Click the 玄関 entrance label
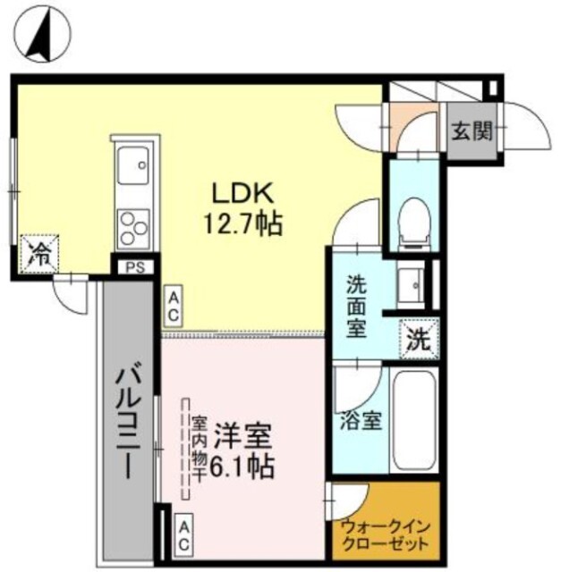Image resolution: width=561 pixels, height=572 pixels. point(471,132)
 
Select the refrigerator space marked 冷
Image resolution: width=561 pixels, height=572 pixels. point(40,251)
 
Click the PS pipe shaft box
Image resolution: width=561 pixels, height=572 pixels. point(135,266)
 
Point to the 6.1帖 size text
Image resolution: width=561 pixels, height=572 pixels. point(242,466)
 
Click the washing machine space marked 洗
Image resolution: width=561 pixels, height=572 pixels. point(419,338)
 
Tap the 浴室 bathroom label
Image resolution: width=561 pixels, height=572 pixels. point(360,420)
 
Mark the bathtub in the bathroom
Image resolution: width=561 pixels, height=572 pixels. point(414,420)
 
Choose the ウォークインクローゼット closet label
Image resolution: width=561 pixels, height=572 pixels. point(386,534)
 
